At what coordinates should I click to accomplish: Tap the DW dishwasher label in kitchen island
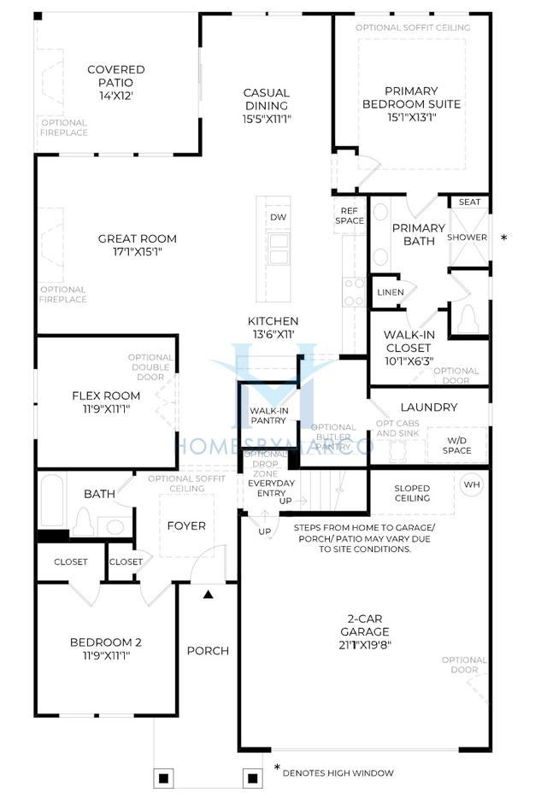[278, 217]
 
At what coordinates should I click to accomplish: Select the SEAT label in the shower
[469, 202]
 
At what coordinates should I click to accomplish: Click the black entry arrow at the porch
[208, 593]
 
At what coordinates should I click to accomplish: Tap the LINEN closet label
[390, 292]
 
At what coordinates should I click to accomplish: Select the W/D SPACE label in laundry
[456, 444]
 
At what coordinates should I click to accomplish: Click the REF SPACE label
[352, 215]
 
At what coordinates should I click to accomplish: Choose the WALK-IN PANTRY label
[268, 416]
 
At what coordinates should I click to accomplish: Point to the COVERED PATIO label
[116, 76]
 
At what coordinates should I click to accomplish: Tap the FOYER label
[185, 525]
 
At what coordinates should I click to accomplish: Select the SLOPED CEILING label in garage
[412, 494]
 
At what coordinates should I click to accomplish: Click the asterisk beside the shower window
[503, 238]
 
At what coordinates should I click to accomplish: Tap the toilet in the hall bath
[85, 521]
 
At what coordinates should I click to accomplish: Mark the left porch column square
[165, 777]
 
